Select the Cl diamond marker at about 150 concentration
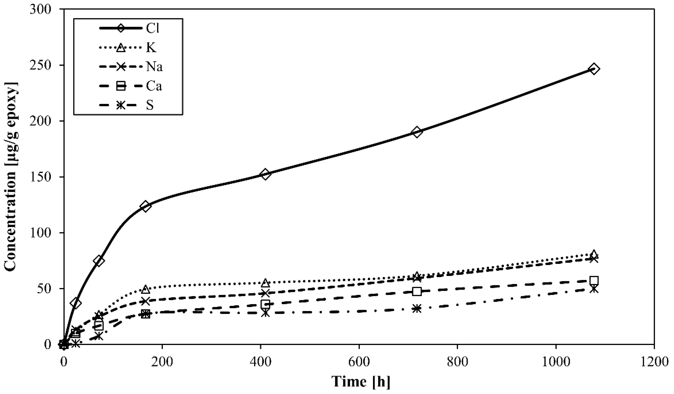tap(265, 174)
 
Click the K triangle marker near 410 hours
tap(265, 283)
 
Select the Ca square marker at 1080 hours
tap(594, 280)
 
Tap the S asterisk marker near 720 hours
tap(417, 309)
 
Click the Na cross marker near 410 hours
tap(265, 293)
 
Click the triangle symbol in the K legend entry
tap(121, 48)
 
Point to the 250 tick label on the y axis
tap(40, 65)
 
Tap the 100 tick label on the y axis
tap(40, 233)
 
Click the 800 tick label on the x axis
tap(458, 362)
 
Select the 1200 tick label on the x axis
tap(654, 362)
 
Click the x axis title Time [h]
tap(361, 382)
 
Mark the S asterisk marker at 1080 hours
tap(594, 289)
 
